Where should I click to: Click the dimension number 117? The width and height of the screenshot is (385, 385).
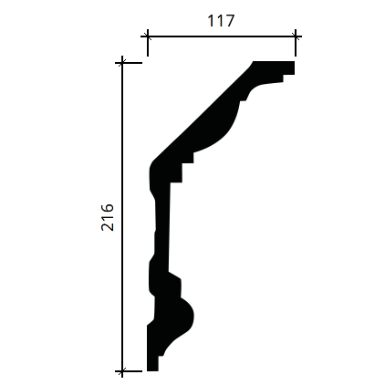(x=221, y=21)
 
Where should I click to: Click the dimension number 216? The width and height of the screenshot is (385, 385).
(x=108, y=217)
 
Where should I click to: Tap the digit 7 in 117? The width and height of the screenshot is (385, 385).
(x=229, y=21)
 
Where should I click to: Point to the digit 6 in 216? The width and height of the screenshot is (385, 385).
(x=108, y=209)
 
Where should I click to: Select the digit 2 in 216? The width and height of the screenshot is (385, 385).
(x=108, y=226)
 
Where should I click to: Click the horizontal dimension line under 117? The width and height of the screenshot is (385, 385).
(x=221, y=36)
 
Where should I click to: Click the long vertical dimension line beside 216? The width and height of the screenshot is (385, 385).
(x=122, y=217)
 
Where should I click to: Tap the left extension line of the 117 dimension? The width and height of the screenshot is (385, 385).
(x=148, y=43)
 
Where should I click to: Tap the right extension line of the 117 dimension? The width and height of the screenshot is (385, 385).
(x=296, y=43)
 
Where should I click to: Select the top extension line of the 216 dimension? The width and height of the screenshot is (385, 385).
(x=129, y=63)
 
